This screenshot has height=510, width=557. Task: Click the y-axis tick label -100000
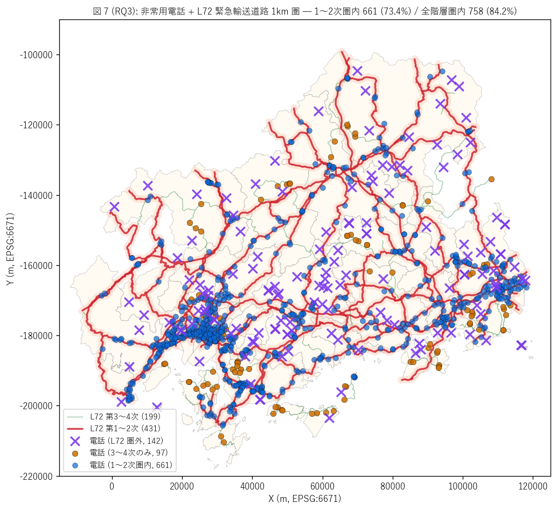36,55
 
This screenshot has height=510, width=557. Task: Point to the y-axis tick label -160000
36,265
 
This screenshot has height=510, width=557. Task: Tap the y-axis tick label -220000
36,476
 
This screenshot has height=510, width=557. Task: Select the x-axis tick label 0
112,486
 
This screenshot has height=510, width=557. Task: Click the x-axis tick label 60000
322,486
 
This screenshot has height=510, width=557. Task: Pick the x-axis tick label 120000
533,486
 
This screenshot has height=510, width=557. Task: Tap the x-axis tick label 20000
182,486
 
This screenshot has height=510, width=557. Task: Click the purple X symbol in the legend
75,441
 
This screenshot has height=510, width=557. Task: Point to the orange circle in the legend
75,453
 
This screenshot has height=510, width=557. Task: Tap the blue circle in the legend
75,466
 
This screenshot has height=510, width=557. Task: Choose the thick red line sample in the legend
75,429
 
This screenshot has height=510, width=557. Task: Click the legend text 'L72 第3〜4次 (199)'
126,417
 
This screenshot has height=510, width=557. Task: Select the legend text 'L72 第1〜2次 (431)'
126,429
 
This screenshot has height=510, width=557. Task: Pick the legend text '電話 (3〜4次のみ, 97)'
129,453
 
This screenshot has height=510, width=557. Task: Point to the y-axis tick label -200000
36,406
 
